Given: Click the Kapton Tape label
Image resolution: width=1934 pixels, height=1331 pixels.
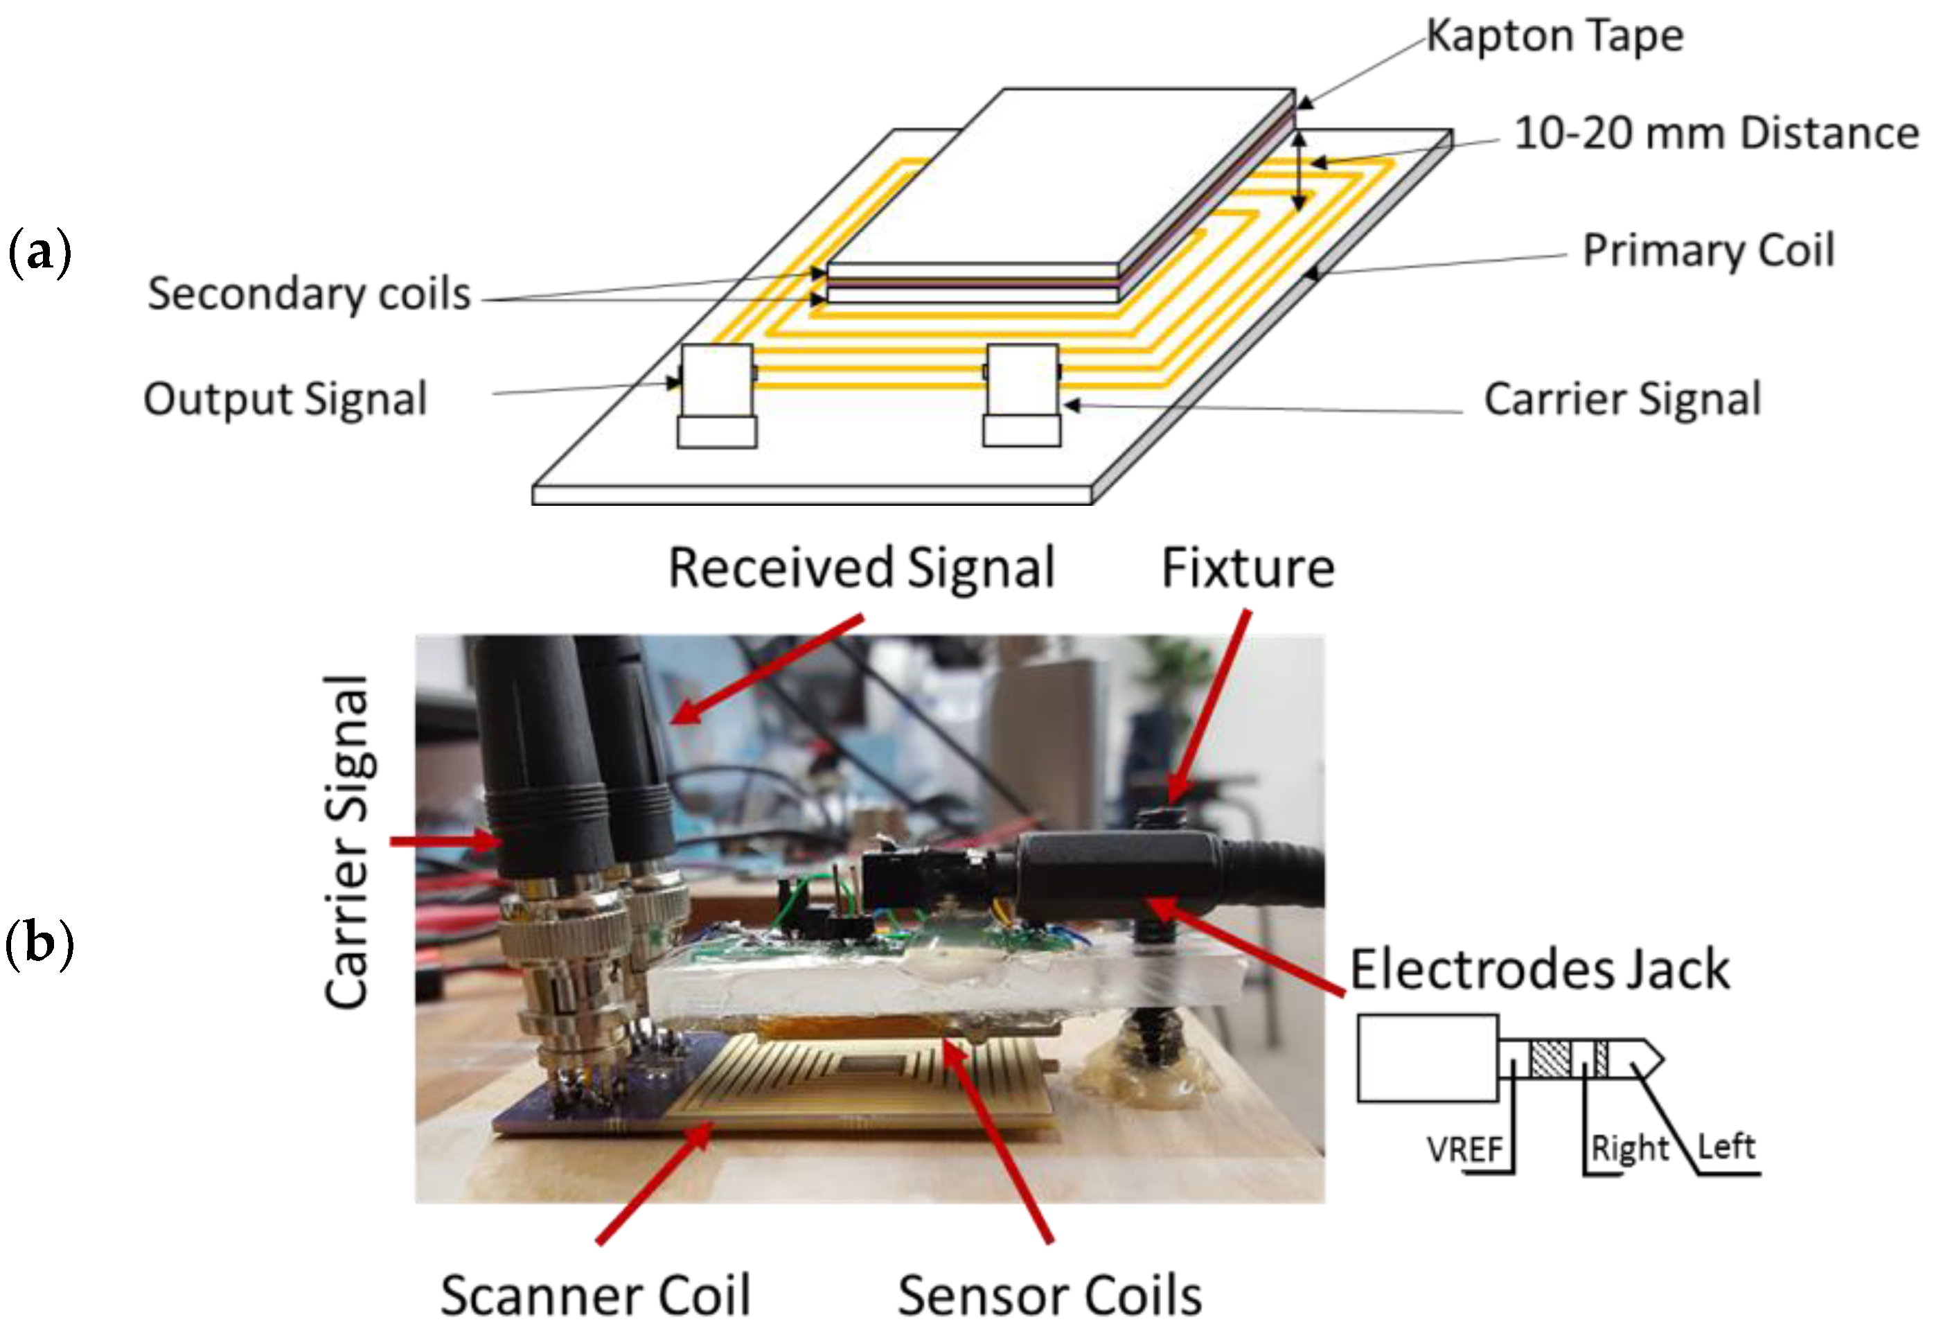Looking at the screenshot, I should pyautogui.click(x=1554, y=37).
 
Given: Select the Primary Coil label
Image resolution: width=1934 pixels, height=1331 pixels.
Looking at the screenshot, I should pyautogui.click(x=1708, y=249).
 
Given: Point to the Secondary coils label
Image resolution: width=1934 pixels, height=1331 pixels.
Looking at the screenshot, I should pyautogui.click(x=309, y=294).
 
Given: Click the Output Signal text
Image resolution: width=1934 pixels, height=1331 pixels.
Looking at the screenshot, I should pyautogui.click(x=285, y=398).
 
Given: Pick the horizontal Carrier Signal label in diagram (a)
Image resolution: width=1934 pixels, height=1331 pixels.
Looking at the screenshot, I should pyautogui.click(x=1622, y=398).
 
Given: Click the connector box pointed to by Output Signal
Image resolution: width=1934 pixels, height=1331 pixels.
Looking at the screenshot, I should pyautogui.click(x=717, y=381).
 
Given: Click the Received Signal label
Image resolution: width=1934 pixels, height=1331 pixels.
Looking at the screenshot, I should pyautogui.click(x=862, y=569).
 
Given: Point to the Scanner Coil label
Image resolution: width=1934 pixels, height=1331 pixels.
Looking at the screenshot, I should pyautogui.click(x=595, y=1295).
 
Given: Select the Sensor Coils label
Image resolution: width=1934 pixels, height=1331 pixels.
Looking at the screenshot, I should pyautogui.click(x=1049, y=1295).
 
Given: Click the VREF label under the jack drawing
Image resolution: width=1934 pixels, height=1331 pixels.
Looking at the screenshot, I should pyautogui.click(x=1464, y=1150).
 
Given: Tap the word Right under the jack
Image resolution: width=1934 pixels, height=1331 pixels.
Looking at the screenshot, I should pyautogui.click(x=1629, y=1148).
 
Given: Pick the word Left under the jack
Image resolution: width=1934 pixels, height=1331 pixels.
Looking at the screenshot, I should pyautogui.click(x=1726, y=1147).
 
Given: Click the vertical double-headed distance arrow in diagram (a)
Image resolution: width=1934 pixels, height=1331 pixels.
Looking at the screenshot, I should pyautogui.click(x=1298, y=171).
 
